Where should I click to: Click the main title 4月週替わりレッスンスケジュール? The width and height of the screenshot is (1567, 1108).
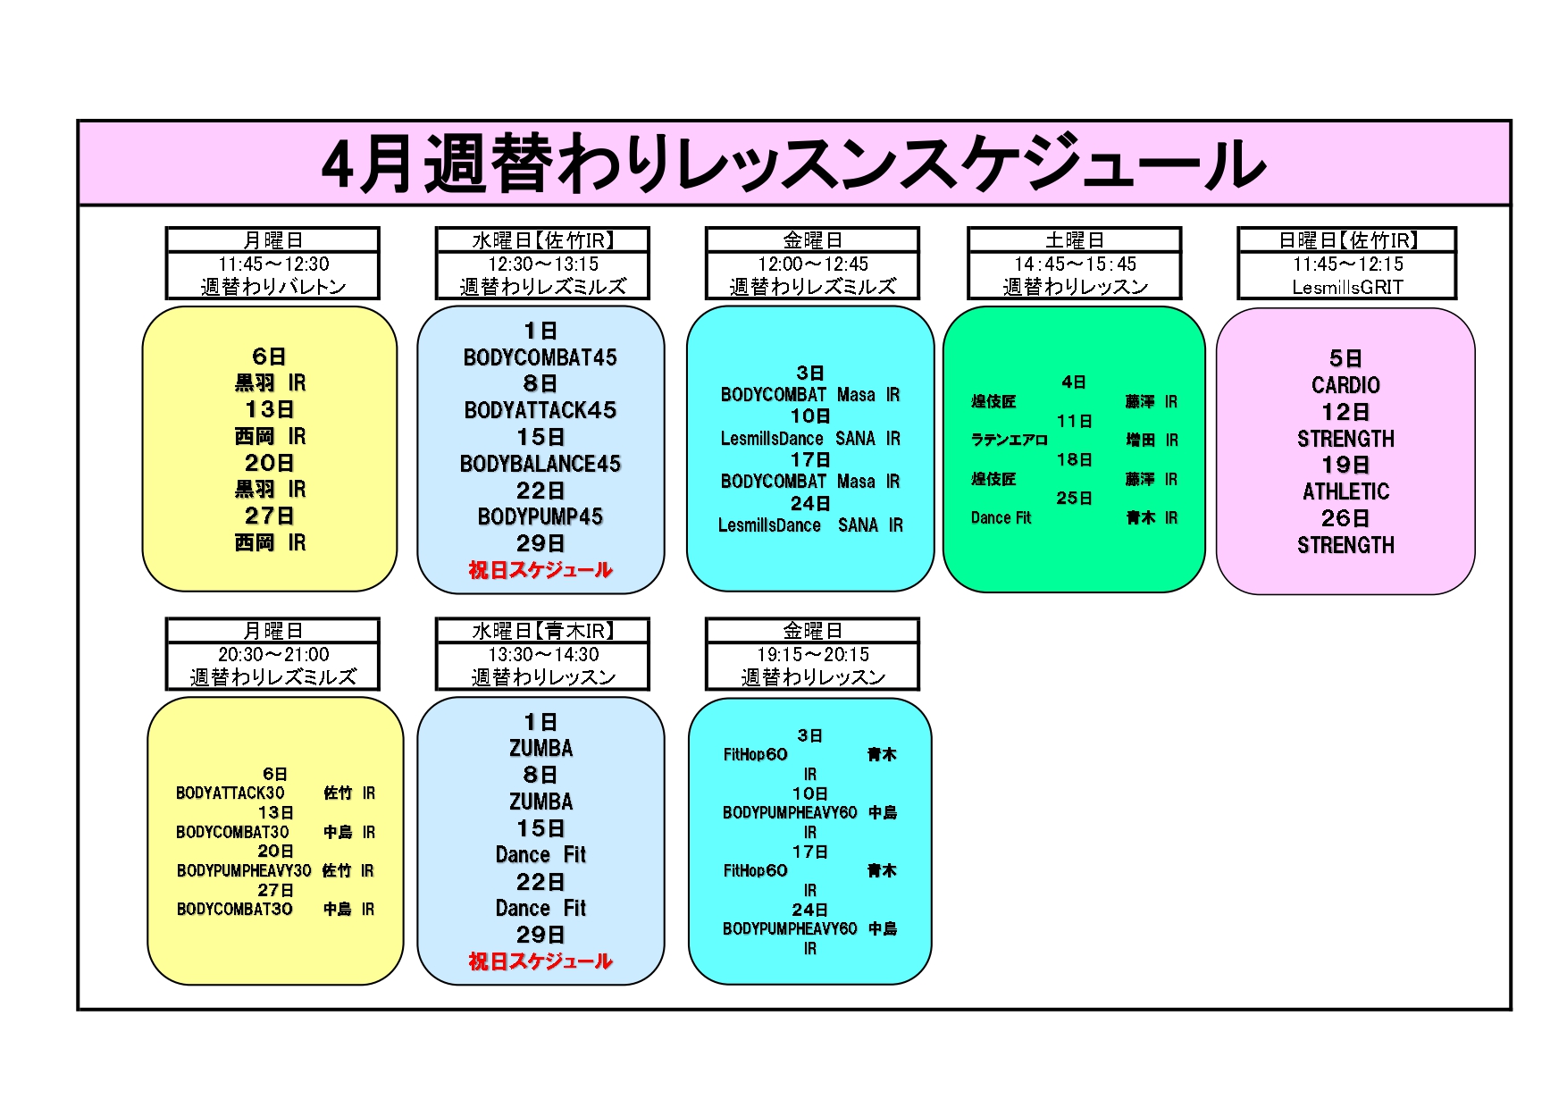[792, 164]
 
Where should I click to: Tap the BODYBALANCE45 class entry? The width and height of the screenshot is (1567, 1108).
[540, 464]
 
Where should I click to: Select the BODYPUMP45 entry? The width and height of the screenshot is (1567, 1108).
[540, 516]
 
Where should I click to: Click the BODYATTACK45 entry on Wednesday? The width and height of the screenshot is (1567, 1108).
[540, 410]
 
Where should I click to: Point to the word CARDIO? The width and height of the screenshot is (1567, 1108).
[1345, 385]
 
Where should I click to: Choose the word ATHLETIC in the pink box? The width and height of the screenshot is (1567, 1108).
[1345, 491]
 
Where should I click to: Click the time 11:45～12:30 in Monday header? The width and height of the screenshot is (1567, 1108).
[273, 264]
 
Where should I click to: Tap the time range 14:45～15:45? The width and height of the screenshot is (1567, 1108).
[1075, 264]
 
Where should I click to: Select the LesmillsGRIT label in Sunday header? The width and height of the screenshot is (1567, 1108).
[1347, 287]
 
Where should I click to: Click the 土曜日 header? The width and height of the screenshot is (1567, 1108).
[1075, 240]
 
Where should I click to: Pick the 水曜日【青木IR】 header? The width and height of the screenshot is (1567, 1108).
[542, 631]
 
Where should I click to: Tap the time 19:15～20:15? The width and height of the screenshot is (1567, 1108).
[812, 655]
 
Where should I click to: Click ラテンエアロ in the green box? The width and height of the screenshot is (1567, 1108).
[1010, 440]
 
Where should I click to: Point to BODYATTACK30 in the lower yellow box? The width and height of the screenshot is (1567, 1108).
[230, 793]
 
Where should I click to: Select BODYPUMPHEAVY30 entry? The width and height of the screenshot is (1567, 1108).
[244, 870]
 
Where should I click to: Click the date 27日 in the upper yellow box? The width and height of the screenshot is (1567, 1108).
[270, 516]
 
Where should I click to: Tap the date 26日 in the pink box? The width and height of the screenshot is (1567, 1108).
[1345, 518]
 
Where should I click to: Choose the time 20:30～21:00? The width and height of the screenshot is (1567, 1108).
[273, 655]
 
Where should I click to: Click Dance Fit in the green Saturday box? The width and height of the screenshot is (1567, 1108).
[1001, 517]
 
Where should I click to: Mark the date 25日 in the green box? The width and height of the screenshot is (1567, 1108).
[1074, 498]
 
